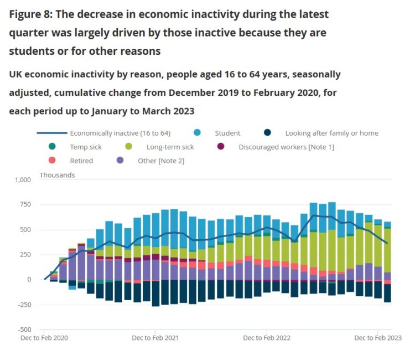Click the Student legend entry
pyautogui.click(x=227, y=133)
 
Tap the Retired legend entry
pyautogui.click(x=81, y=161)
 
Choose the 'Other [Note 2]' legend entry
pyautogui.click(x=160, y=161)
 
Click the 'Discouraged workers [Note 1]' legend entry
pyautogui.click(x=286, y=147)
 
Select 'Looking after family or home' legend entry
pyautogui.click(x=331, y=133)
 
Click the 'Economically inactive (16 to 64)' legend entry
pyautogui.click(x=120, y=133)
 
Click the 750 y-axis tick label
pyautogui.click(x=25, y=205)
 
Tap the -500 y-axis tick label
pyautogui.click(x=24, y=330)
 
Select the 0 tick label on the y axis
pyautogui.click(x=29, y=280)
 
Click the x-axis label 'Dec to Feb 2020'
pyautogui.click(x=44, y=338)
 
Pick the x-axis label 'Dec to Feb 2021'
pyautogui.click(x=155, y=338)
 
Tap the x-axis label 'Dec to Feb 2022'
pyautogui.click(x=267, y=338)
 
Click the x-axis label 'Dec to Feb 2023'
pyautogui.click(x=378, y=338)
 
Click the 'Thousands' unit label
pyautogui.click(x=57, y=175)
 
